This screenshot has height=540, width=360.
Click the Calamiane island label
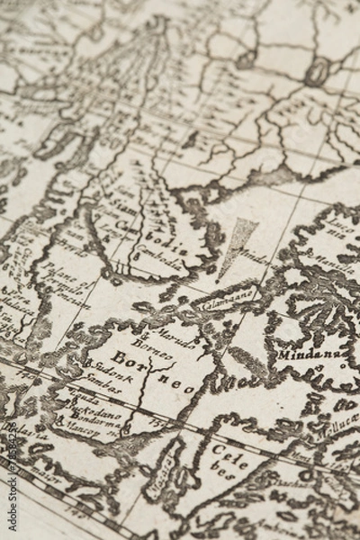point(230,299)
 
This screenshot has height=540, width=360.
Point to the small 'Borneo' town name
point(151,346)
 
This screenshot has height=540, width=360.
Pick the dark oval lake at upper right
point(317,70)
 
